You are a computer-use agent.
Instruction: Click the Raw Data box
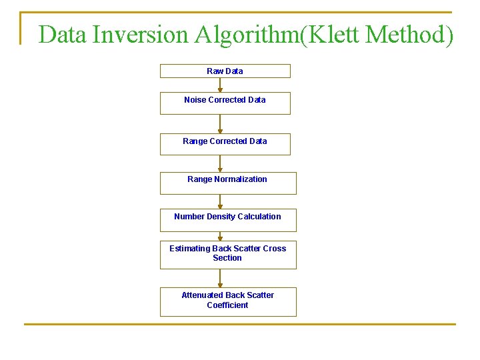tap(225, 71)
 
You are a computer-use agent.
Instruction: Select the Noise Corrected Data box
tap(225, 103)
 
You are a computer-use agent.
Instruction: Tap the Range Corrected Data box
tap(225, 145)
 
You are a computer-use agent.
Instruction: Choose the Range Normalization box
tap(227, 183)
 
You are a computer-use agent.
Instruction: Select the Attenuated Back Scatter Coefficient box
tap(227, 301)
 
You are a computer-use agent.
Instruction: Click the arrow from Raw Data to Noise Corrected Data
tap(220, 85)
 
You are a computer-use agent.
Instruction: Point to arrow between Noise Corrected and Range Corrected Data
tap(220, 124)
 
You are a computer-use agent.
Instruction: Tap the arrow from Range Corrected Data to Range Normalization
tap(220, 163)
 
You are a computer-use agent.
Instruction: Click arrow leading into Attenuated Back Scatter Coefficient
tap(220, 278)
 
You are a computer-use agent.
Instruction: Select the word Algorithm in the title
tap(247, 34)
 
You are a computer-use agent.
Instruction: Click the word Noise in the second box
tap(195, 100)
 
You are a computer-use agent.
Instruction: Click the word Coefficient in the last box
tap(227, 305)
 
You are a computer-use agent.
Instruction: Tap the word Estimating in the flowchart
tap(189, 249)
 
